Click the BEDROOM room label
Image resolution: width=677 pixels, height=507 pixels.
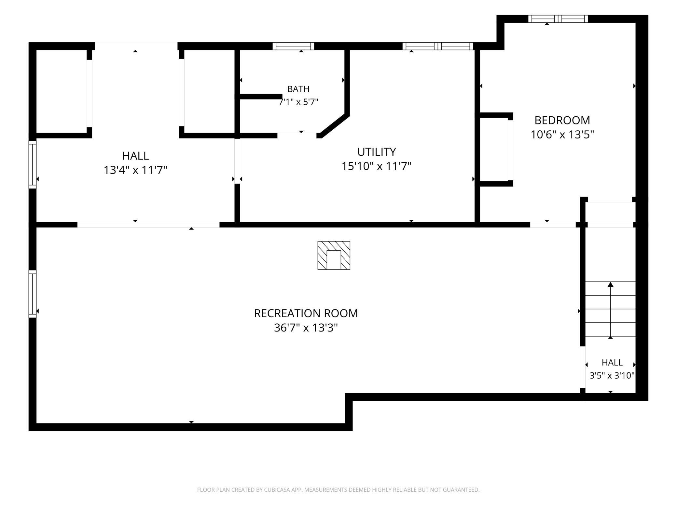point(562,120)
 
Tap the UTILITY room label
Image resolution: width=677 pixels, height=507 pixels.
point(377,152)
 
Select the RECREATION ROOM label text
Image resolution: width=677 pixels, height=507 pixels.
point(306,313)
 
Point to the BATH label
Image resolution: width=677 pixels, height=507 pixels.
point(298,89)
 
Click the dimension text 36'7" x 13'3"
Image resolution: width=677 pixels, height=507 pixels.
point(306,328)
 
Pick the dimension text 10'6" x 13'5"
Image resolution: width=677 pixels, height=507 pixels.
point(562,134)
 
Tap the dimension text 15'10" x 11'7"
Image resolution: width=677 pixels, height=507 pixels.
point(376,166)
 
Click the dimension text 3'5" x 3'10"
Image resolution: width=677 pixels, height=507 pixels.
point(612,376)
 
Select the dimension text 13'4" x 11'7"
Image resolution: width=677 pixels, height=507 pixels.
point(135,170)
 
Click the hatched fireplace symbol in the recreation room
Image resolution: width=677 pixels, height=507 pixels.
point(334,255)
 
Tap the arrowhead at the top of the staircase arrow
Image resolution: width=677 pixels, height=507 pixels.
point(611,284)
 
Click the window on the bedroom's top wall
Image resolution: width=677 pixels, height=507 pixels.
point(558,19)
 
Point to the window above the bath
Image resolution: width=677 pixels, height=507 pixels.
point(293,46)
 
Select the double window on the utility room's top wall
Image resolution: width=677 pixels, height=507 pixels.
point(438,46)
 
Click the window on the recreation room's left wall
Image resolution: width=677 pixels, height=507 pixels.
point(33,294)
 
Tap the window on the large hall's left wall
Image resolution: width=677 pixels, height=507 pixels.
point(33,164)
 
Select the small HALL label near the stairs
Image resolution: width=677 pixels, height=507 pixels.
point(612,362)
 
